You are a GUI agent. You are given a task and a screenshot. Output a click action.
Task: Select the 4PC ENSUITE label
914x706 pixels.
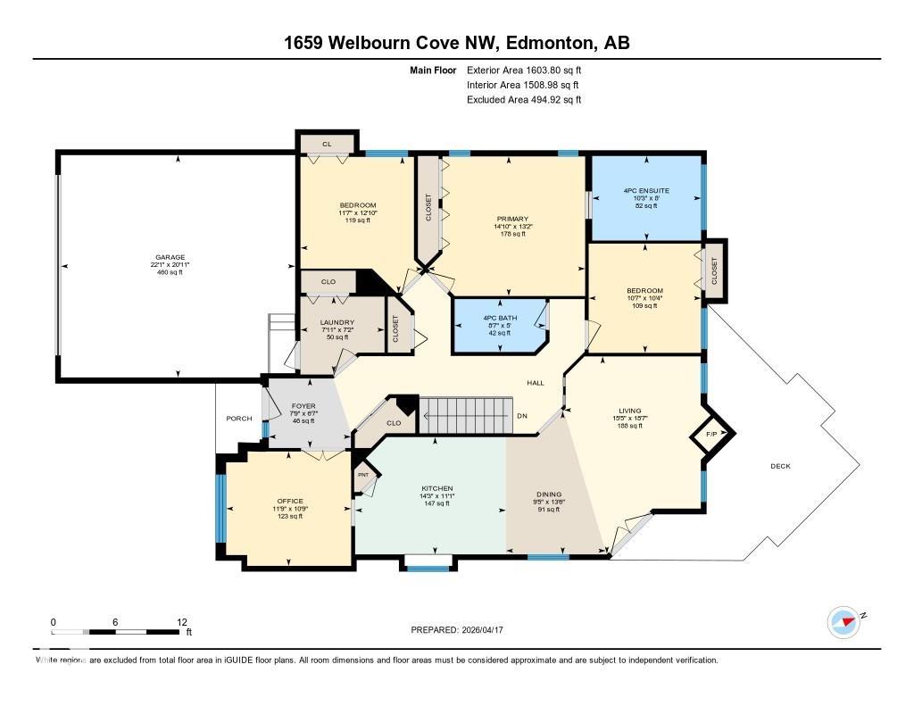[x=646, y=191]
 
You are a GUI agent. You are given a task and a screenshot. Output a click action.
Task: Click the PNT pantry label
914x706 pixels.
[x=362, y=475]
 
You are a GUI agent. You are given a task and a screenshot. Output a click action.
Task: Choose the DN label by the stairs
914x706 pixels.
[x=521, y=416]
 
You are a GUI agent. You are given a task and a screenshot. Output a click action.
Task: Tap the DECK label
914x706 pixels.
[x=781, y=466]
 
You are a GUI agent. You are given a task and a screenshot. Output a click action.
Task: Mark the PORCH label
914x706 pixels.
[x=238, y=418]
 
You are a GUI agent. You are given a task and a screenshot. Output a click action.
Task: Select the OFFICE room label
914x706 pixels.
[x=290, y=501]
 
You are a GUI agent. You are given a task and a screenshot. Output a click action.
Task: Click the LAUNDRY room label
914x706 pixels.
[x=337, y=322]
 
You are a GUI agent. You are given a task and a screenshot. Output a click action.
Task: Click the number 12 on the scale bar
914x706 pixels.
[x=182, y=622]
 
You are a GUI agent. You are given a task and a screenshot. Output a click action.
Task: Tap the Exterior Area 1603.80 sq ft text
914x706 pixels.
[x=524, y=70]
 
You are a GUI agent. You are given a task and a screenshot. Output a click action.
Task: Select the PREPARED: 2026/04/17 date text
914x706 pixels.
[x=463, y=630]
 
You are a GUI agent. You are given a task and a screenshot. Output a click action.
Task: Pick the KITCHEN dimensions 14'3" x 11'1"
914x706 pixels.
[x=438, y=496]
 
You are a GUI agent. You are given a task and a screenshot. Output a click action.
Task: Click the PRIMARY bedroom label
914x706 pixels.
[x=513, y=219]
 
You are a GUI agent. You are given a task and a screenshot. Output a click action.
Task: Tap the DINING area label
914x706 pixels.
[x=549, y=494]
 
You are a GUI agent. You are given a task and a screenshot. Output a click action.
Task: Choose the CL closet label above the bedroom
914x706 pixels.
[x=327, y=143]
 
